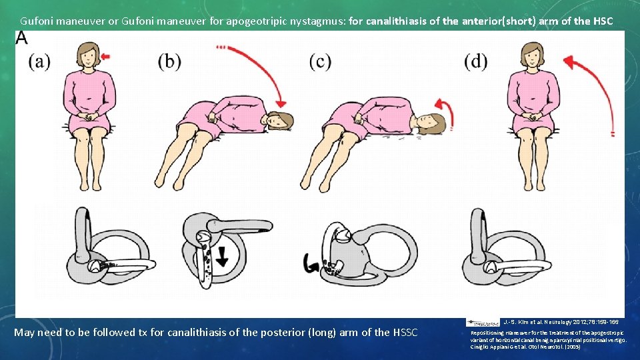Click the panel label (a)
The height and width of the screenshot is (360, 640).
[x=39, y=62]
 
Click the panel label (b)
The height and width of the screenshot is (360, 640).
[x=169, y=62]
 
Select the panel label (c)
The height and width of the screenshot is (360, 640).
[x=320, y=62]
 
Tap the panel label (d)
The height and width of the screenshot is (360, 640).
[x=476, y=62]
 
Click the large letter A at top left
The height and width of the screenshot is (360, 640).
[x=22, y=38]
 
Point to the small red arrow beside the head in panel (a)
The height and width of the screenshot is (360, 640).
[x=107, y=56]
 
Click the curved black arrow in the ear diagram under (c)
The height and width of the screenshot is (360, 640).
[x=311, y=265]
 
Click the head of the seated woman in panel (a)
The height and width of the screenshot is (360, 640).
[x=87, y=55]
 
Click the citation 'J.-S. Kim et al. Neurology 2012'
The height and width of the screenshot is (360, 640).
[x=560, y=321]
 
